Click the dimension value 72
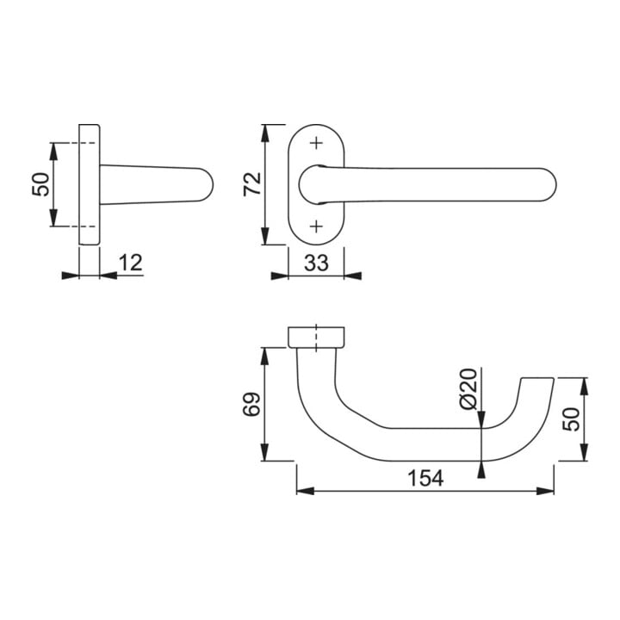[252, 184]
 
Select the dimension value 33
[316, 263]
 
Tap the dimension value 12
[130, 263]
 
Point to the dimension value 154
[425, 478]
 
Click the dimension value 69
[251, 404]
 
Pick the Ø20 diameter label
[468, 389]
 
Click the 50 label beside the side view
[41, 184]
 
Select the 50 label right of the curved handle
[571, 419]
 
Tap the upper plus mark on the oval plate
[316, 143]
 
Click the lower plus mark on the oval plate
[316, 226]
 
